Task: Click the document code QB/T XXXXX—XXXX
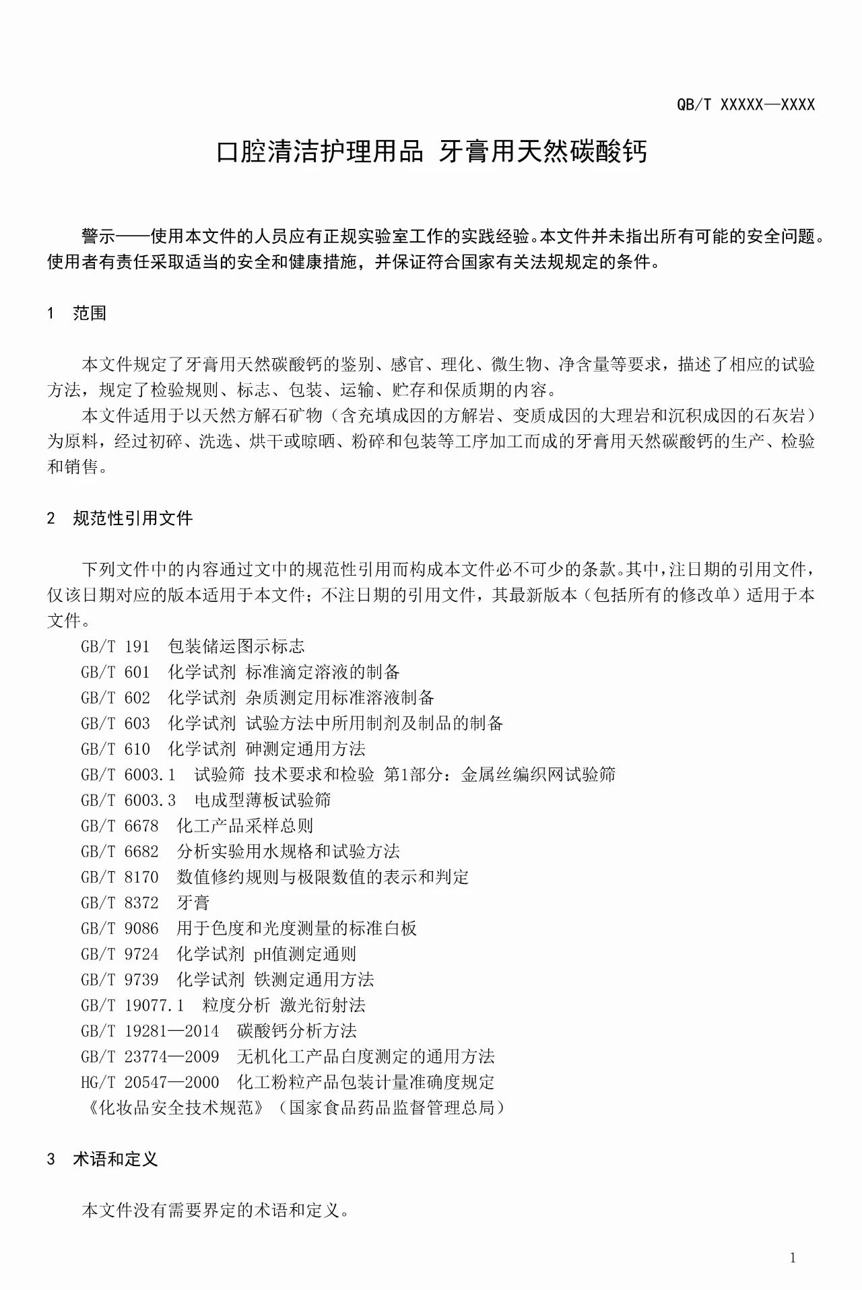pyautogui.click(x=745, y=104)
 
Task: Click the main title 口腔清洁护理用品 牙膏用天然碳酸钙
pyautogui.click(x=431, y=152)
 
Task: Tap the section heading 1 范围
pyautogui.click(x=77, y=313)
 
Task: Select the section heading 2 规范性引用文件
pyautogui.click(x=120, y=518)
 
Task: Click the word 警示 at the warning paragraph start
pyautogui.click(x=98, y=236)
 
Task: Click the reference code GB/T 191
pyautogui.click(x=115, y=646)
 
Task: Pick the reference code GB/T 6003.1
pyautogui.click(x=128, y=774)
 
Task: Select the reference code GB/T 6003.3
pyautogui.click(x=128, y=800)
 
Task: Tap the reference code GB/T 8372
pyautogui.click(x=120, y=903)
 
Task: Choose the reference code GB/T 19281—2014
pyautogui.click(x=150, y=1031)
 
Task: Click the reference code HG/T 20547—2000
pyautogui.click(x=150, y=1082)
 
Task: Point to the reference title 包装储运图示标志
pyautogui.click(x=236, y=646)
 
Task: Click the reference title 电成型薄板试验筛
pyautogui.click(x=263, y=800)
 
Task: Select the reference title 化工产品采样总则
pyautogui.click(x=245, y=825)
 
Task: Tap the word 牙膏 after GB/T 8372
pyautogui.click(x=193, y=903)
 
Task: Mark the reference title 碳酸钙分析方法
pyautogui.click(x=297, y=1031)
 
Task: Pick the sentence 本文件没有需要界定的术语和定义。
pyautogui.click(x=215, y=1211)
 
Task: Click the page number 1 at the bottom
pyautogui.click(x=793, y=1258)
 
